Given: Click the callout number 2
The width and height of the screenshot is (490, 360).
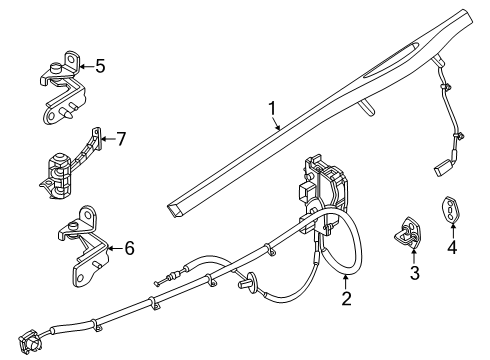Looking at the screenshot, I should point(346,297).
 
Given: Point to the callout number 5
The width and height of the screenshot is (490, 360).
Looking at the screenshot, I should point(98,67).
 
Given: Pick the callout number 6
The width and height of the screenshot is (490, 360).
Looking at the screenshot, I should point(127,247).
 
